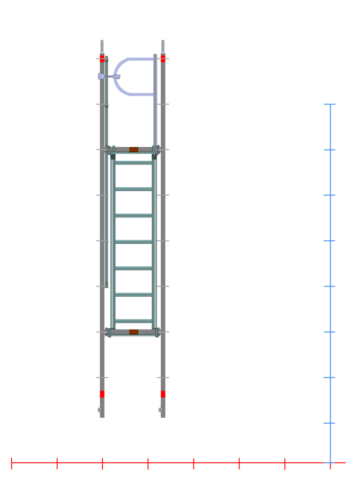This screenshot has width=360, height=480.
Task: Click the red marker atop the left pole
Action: (x=102, y=58)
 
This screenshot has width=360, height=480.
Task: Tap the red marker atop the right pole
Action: (x=163, y=58)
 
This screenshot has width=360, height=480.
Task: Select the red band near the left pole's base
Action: (x=102, y=394)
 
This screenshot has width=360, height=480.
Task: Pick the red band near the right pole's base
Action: (x=163, y=394)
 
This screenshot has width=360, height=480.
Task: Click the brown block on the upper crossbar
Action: (x=134, y=150)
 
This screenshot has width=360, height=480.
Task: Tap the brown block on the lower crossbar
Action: (x=134, y=332)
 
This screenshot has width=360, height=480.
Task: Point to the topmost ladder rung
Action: (x=134, y=163)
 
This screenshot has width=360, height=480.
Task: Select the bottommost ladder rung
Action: (x=134, y=321)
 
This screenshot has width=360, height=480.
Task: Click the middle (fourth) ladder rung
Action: (x=134, y=242)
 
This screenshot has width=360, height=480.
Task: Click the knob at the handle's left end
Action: (x=101, y=76)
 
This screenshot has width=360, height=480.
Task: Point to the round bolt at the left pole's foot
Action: (x=99, y=410)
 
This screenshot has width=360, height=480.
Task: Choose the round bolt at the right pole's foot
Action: (x=160, y=410)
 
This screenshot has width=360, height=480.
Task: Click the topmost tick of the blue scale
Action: (x=330, y=104)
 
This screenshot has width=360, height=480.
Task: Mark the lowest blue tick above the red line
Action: (x=330, y=423)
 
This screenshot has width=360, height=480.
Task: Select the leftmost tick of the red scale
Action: (x=11, y=463)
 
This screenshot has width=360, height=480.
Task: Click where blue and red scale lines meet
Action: (x=330, y=463)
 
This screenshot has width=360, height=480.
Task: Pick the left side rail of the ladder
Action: (x=113, y=242)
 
